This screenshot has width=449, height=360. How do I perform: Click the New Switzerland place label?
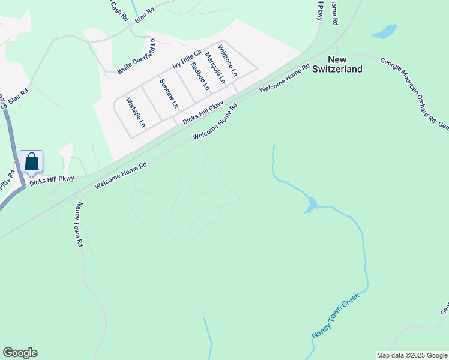point(345,64)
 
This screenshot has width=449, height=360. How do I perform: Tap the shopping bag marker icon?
point(31,162)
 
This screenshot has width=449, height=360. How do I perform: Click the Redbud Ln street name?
point(200,76)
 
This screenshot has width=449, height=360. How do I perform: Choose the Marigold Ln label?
point(214,67)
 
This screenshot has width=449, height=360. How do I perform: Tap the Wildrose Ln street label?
point(228,59)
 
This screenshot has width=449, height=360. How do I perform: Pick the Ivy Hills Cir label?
point(187,59)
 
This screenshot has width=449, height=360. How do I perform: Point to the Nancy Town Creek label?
point(335,316)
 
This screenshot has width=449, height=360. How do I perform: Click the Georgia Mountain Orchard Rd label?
point(407,90)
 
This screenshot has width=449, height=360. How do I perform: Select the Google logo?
point(20,353)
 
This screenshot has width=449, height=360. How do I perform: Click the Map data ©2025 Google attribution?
point(412,355)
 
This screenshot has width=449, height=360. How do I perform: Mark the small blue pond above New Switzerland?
point(385,31)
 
